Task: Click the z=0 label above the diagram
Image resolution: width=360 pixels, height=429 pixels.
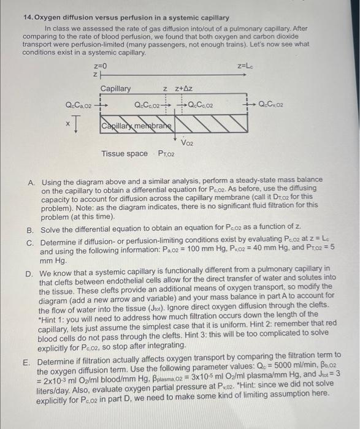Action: pos(101,65)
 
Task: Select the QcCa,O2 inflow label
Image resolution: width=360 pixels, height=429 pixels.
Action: pos(79,105)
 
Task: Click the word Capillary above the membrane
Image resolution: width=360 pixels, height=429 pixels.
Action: pos(115,89)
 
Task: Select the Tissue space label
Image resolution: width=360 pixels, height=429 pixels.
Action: pos(124,153)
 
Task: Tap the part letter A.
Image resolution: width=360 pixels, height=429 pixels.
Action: pos(31,180)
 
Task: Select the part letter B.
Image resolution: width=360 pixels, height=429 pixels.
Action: pos(31,229)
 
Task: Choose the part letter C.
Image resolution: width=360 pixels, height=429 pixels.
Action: pos(31,242)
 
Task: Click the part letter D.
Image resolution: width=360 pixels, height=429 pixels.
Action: pos(31,269)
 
